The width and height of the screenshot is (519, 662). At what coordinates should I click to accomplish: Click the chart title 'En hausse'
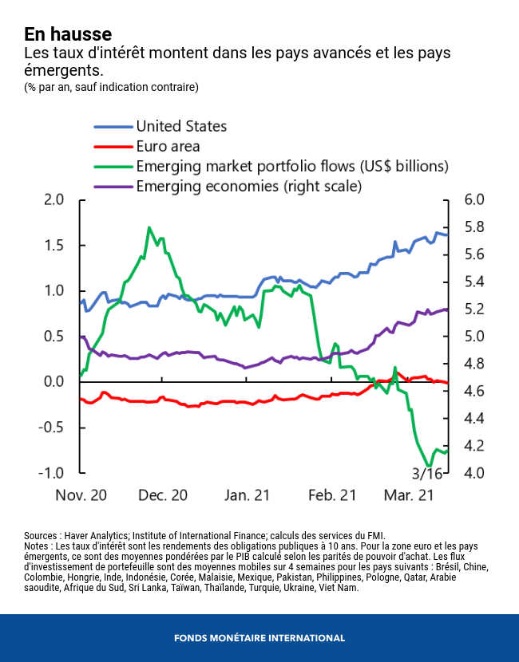point(68,34)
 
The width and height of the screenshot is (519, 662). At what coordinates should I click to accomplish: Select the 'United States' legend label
point(181,126)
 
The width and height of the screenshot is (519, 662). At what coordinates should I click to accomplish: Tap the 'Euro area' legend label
point(168,146)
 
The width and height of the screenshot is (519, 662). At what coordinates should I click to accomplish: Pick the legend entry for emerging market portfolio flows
point(292,167)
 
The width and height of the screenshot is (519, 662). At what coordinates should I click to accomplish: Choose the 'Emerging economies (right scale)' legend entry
point(249,187)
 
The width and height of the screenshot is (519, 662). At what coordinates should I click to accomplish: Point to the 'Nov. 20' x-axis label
point(81,495)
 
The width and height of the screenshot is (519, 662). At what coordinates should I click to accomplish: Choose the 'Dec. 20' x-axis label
point(163,495)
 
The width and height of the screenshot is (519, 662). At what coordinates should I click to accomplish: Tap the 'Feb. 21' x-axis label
point(331,495)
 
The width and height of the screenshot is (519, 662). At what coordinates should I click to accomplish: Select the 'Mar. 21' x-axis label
point(409,495)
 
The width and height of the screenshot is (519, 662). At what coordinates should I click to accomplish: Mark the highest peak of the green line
point(149,227)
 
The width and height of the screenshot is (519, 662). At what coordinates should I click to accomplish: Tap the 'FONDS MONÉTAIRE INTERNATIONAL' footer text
point(259,638)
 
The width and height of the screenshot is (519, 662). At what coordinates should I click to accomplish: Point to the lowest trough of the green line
point(430,466)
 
